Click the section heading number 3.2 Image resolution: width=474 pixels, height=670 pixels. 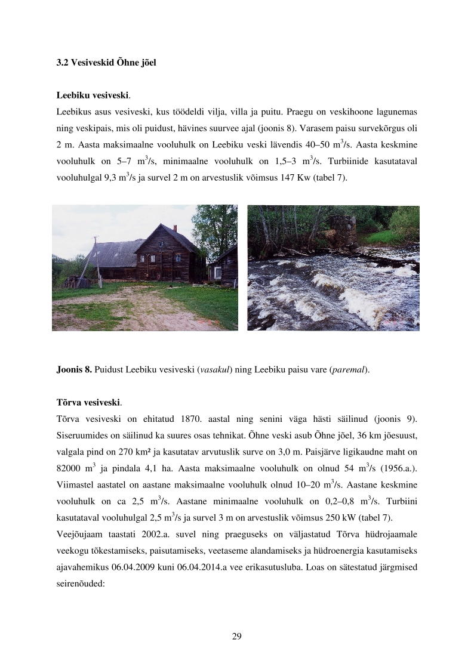point(62,62)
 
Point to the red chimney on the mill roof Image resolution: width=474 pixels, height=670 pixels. point(175,229)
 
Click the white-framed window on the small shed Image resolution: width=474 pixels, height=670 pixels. point(218,273)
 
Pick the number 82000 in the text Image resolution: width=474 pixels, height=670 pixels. point(69,466)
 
